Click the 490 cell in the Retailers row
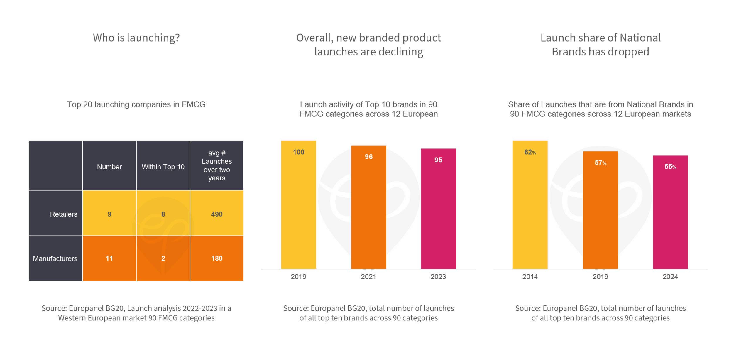click(217, 214)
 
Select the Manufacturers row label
click(55, 258)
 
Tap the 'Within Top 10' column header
click(163, 167)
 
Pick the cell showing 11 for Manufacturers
click(109, 258)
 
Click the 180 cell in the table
click(217, 258)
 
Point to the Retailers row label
click(63, 214)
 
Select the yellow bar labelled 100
click(298, 205)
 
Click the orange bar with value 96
click(368, 208)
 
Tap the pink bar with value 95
click(438, 210)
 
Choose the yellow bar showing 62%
click(530, 205)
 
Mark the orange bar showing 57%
click(600, 211)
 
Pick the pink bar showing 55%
click(670, 213)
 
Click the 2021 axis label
click(368, 276)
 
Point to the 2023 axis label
click(438, 276)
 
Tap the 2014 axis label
click(530, 276)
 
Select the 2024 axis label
click(670, 276)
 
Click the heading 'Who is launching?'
click(136, 38)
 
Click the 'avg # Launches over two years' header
click(217, 165)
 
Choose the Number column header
click(109, 167)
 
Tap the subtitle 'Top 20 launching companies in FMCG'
click(136, 104)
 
